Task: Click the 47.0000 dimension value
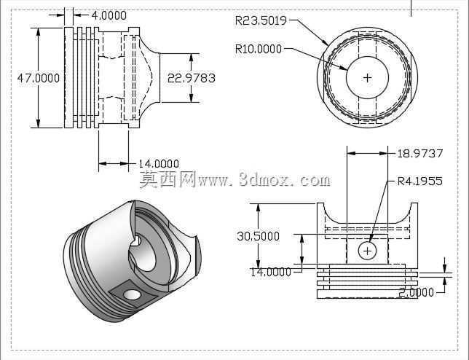click(x=39, y=78)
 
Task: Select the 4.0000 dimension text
click(x=109, y=15)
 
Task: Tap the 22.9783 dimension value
click(x=191, y=78)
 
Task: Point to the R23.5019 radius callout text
click(x=261, y=20)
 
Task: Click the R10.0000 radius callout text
click(x=259, y=49)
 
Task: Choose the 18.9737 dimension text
click(x=419, y=154)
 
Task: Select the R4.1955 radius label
click(x=419, y=181)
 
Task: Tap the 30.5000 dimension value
click(x=258, y=236)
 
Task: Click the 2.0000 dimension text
click(x=416, y=292)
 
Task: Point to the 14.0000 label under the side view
click(x=159, y=164)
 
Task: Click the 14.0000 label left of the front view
click(x=270, y=272)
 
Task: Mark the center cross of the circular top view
click(x=367, y=78)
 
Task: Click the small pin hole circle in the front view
click(x=367, y=251)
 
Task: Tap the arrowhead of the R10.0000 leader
click(x=343, y=68)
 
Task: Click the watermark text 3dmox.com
click(x=285, y=179)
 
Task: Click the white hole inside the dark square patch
click(x=132, y=294)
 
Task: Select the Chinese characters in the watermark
click(x=168, y=179)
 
